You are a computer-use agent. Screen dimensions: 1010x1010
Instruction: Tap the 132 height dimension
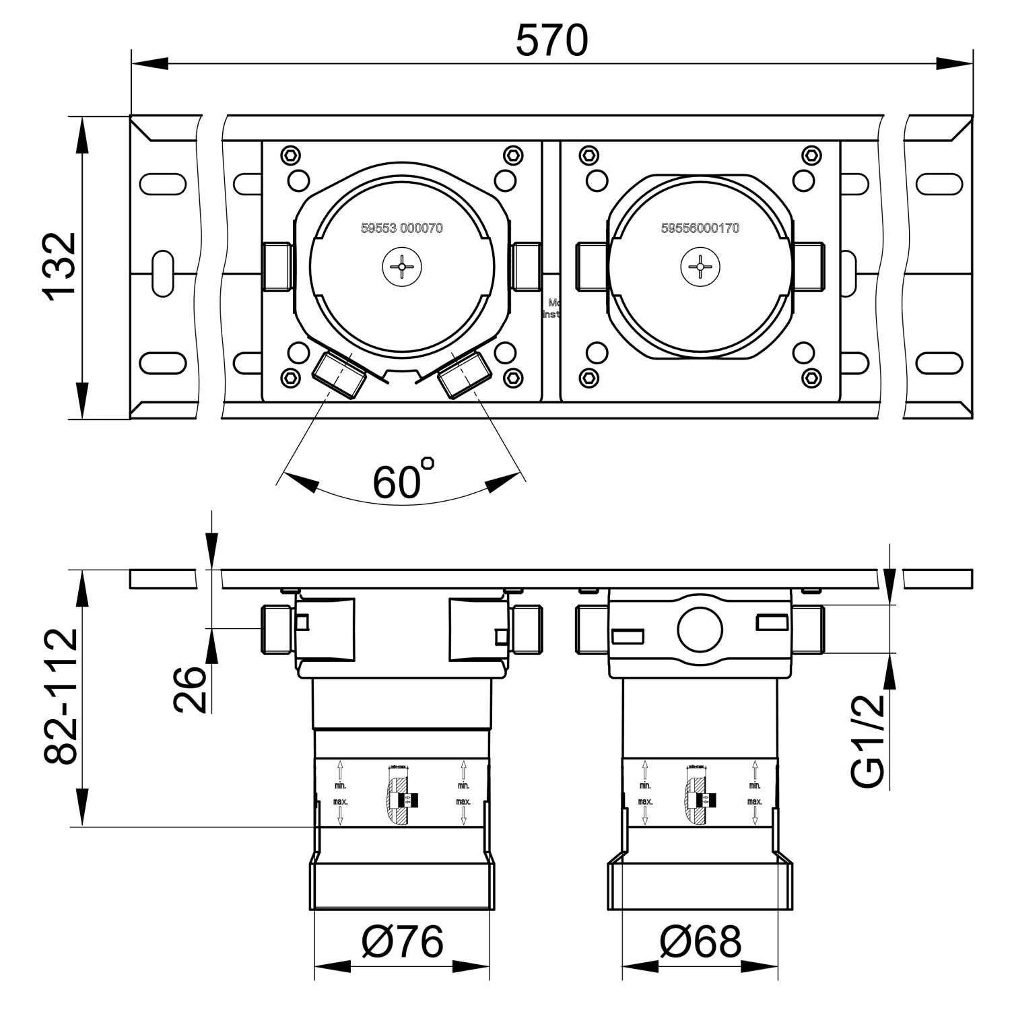click(x=59, y=266)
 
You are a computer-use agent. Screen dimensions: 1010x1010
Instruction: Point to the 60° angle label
click(x=403, y=479)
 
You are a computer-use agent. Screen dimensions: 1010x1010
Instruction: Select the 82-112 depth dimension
click(x=61, y=696)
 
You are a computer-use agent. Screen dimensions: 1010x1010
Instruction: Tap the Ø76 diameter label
click(x=402, y=941)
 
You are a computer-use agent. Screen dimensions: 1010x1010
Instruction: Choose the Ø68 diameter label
click(x=700, y=941)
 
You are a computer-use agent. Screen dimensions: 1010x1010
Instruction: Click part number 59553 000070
click(x=402, y=228)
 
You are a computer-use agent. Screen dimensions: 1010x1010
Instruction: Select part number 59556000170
click(x=700, y=228)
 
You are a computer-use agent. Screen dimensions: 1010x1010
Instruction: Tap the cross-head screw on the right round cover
click(x=700, y=267)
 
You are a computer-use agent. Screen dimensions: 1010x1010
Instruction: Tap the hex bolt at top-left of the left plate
click(x=290, y=155)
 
